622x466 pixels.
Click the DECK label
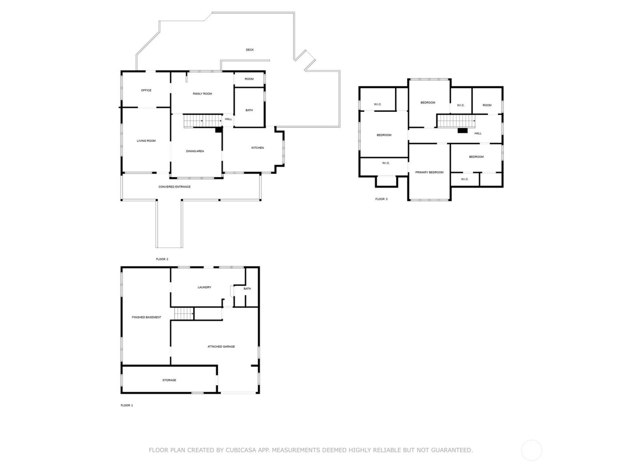coord(250,50)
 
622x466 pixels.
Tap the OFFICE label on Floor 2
coord(146,90)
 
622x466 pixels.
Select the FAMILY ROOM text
coord(202,94)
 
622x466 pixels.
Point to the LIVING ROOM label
coord(146,141)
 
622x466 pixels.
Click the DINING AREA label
coord(195,151)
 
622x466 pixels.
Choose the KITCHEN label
coord(258,147)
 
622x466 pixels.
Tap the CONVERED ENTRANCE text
coord(175,187)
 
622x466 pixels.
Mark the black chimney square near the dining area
coord(219,130)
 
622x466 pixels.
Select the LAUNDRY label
coord(204,287)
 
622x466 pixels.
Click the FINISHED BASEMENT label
coord(147,317)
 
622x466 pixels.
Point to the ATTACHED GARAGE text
coord(221,347)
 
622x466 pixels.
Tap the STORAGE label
coord(169,380)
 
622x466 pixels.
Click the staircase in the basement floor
coord(183,313)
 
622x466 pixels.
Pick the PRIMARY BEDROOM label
coord(429,172)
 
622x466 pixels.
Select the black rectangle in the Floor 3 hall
coord(463,130)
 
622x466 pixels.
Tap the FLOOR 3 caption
coord(381,199)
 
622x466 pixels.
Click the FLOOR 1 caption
coord(127,405)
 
